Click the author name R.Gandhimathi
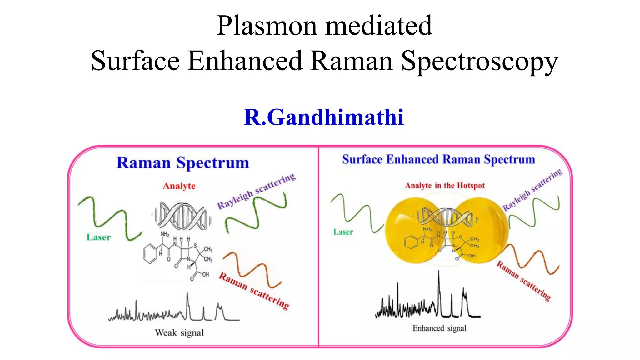click(x=324, y=117)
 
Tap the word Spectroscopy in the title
click(x=479, y=62)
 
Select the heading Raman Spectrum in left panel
click(x=183, y=163)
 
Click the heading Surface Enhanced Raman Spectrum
click(x=438, y=159)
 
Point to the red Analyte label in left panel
click(x=179, y=186)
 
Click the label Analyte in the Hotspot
click(x=445, y=186)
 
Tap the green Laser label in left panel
click(x=98, y=237)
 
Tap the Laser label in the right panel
click(x=343, y=232)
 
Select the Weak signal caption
click(x=179, y=332)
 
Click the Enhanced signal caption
click(x=439, y=328)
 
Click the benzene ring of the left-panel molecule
click(x=150, y=254)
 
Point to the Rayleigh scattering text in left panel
click(x=256, y=191)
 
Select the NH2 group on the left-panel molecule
click(x=165, y=234)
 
